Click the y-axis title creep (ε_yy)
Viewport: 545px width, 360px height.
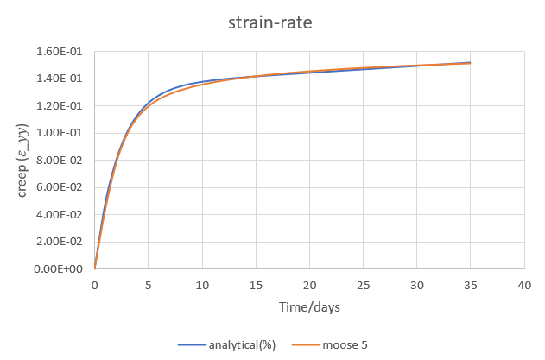(24, 160)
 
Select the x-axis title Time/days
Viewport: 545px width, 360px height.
(309, 307)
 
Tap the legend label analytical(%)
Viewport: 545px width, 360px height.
(242, 344)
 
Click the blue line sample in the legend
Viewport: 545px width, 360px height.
(192, 344)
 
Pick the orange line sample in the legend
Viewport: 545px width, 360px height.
(298, 344)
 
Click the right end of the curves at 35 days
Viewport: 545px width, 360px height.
(470, 63)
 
